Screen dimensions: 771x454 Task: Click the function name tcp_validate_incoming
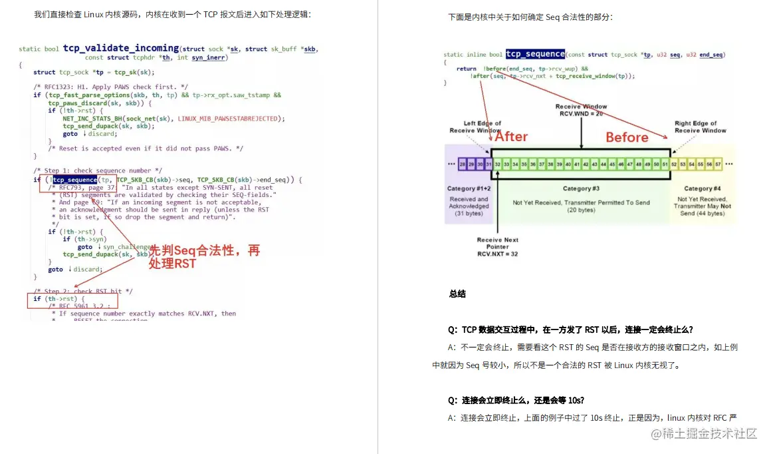pyautogui.click(x=120, y=48)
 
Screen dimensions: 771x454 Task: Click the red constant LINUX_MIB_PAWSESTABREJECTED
pyautogui.click(x=231, y=118)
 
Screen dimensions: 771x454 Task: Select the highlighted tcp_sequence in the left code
pyautogui.click(x=74, y=180)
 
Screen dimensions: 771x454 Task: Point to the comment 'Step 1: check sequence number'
pyautogui.click(x=98, y=170)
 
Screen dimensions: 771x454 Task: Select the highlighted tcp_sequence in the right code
pyautogui.click(x=535, y=54)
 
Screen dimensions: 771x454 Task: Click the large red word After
pyautogui.click(x=511, y=136)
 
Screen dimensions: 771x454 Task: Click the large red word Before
pyautogui.click(x=626, y=137)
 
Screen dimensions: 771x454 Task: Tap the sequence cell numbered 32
pyautogui.click(x=498, y=163)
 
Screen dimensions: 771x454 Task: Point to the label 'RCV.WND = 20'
pyautogui.click(x=581, y=114)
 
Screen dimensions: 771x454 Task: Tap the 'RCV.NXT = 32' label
pyautogui.click(x=497, y=254)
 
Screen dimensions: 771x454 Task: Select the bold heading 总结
pyautogui.click(x=457, y=294)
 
